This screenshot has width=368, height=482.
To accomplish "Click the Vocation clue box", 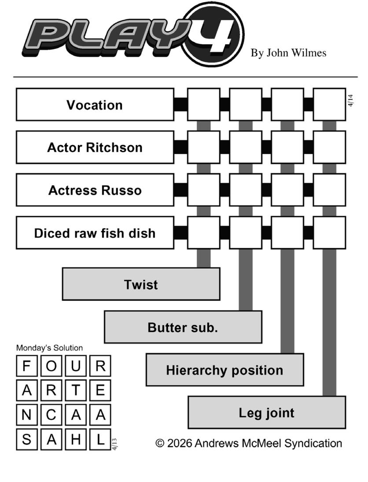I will pos(95,105).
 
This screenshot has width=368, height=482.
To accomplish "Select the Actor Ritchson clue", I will pos(95,147).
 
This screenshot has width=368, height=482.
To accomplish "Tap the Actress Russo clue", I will pos(95,190).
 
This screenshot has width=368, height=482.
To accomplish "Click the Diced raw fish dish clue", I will pos(95,233).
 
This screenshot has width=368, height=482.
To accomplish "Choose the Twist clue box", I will pos(141,284).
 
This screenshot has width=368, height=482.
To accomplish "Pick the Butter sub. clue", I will pos(183,327).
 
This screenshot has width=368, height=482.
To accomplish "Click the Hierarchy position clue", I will pos(224,370).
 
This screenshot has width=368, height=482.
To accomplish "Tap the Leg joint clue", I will pos(267,413).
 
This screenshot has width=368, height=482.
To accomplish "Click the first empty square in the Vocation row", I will pos(203,105).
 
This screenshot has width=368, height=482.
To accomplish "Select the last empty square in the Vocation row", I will pos(329,105).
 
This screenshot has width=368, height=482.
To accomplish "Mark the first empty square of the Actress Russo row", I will pos(203,190).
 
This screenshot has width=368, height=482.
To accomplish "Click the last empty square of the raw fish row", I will pos(329,233).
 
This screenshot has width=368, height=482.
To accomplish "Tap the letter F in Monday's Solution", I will pos(27,366).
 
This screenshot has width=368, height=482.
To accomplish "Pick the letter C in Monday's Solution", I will pos(52,415).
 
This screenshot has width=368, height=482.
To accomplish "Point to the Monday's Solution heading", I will pos(49,348).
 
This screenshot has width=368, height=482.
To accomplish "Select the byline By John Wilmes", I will pos(288,53).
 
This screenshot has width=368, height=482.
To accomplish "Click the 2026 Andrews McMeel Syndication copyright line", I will pos(249,443).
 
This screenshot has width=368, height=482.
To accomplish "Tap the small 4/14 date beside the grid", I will pos(350,100).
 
